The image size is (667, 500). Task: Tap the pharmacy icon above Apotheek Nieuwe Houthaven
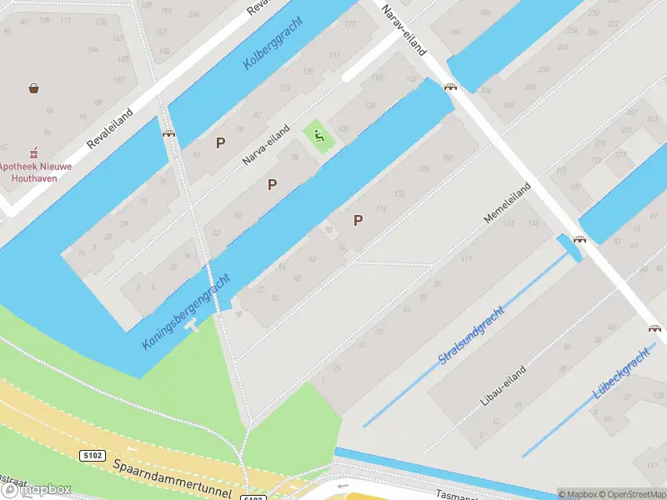click(34, 153)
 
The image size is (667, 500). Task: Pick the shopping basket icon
click(34, 87)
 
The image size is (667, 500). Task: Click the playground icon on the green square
click(318, 136)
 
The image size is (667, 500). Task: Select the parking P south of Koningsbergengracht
click(359, 220)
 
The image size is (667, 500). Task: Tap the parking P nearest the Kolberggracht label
click(220, 142)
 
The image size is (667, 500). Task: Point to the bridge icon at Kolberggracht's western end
click(168, 132)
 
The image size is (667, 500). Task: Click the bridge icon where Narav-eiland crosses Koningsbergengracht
click(450, 86)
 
